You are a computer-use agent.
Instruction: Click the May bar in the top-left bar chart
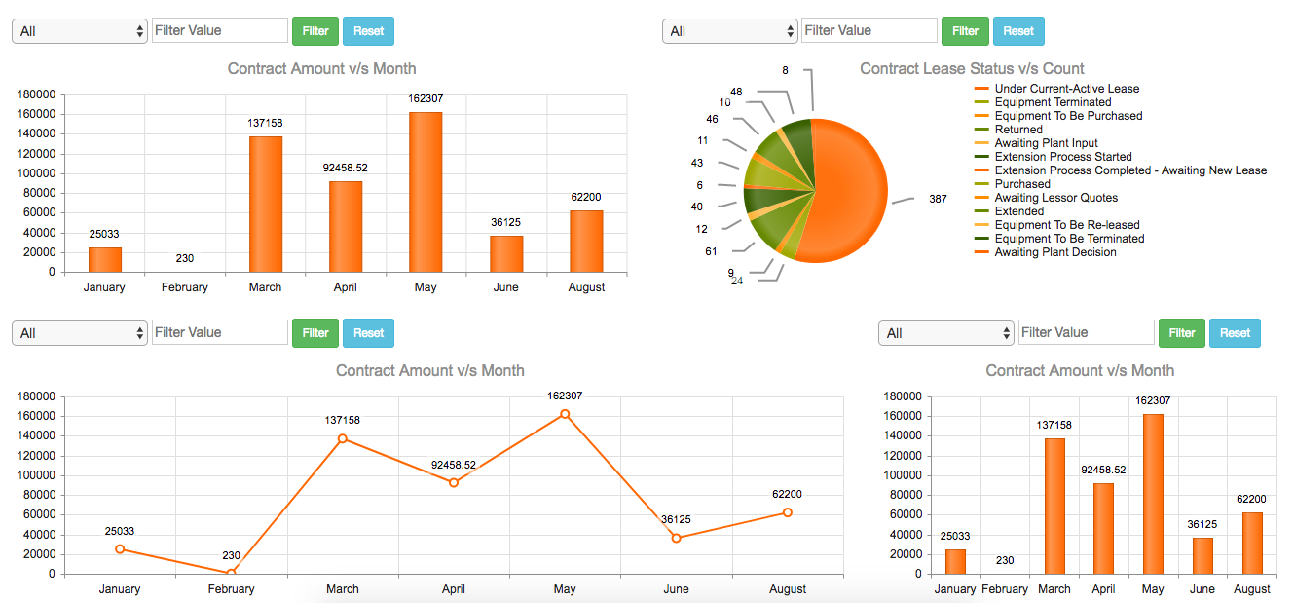(x=425, y=192)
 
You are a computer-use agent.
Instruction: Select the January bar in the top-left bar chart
(x=105, y=259)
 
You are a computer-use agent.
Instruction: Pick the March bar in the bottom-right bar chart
(x=1054, y=506)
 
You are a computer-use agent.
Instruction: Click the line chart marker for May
(x=565, y=414)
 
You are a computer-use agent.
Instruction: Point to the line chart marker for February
(x=231, y=573)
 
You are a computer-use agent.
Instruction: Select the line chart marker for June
(x=676, y=538)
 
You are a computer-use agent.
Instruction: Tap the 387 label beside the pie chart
(x=938, y=199)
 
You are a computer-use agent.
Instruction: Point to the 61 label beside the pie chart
(x=711, y=251)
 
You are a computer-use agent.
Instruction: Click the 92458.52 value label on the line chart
(x=454, y=465)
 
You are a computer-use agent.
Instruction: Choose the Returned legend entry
(x=1018, y=130)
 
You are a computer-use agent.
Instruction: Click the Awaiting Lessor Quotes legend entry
(x=1055, y=198)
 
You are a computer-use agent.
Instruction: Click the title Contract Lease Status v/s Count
(x=972, y=68)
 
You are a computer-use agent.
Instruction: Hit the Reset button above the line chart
(x=368, y=333)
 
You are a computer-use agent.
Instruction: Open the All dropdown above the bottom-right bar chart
(x=946, y=333)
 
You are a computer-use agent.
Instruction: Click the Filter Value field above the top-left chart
(x=220, y=30)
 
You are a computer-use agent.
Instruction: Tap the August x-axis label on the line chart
(x=787, y=589)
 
